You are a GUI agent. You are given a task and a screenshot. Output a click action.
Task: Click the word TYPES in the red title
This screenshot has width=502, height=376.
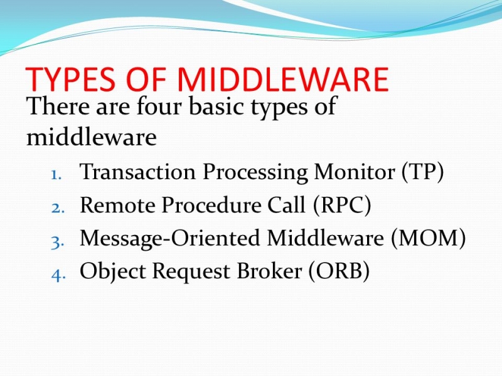click(x=70, y=79)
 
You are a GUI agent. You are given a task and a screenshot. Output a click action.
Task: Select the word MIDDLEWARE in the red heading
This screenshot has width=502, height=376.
click(x=282, y=79)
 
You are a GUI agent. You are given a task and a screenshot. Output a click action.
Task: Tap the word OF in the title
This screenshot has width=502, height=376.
click(x=146, y=79)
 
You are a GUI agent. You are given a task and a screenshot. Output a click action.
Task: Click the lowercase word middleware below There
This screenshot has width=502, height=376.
click(x=91, y=137)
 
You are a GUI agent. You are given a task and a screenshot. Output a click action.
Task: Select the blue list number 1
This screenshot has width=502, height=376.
click(x=56, y=175)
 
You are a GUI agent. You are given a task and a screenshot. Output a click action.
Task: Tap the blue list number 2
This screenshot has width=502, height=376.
click(x=58, y=208)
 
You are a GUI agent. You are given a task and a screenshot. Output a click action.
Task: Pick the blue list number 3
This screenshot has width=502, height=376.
click(x=58, y=242)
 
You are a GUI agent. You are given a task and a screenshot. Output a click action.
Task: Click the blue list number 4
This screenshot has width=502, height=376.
click(x=58, y=275)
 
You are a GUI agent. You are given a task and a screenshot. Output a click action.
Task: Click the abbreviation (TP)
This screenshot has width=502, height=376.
click(x=422, y=172)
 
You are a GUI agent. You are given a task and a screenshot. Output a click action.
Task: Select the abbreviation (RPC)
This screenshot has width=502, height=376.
click(x=342, y=205)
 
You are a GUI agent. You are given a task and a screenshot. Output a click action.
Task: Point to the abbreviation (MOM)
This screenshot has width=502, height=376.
click(x=428, y=238)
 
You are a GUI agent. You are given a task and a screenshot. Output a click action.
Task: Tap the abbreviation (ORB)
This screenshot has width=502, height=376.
click(x=339, y=271)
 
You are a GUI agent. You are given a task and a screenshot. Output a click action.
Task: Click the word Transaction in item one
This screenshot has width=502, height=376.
click(x=137, y=172)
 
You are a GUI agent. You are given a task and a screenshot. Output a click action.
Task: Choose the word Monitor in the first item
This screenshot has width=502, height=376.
click(x=355, y=172)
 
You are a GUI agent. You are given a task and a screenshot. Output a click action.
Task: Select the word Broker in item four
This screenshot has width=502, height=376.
click(x=269, y=271)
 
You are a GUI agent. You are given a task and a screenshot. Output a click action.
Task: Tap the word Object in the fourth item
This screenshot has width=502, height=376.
click(x=113, y=272)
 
